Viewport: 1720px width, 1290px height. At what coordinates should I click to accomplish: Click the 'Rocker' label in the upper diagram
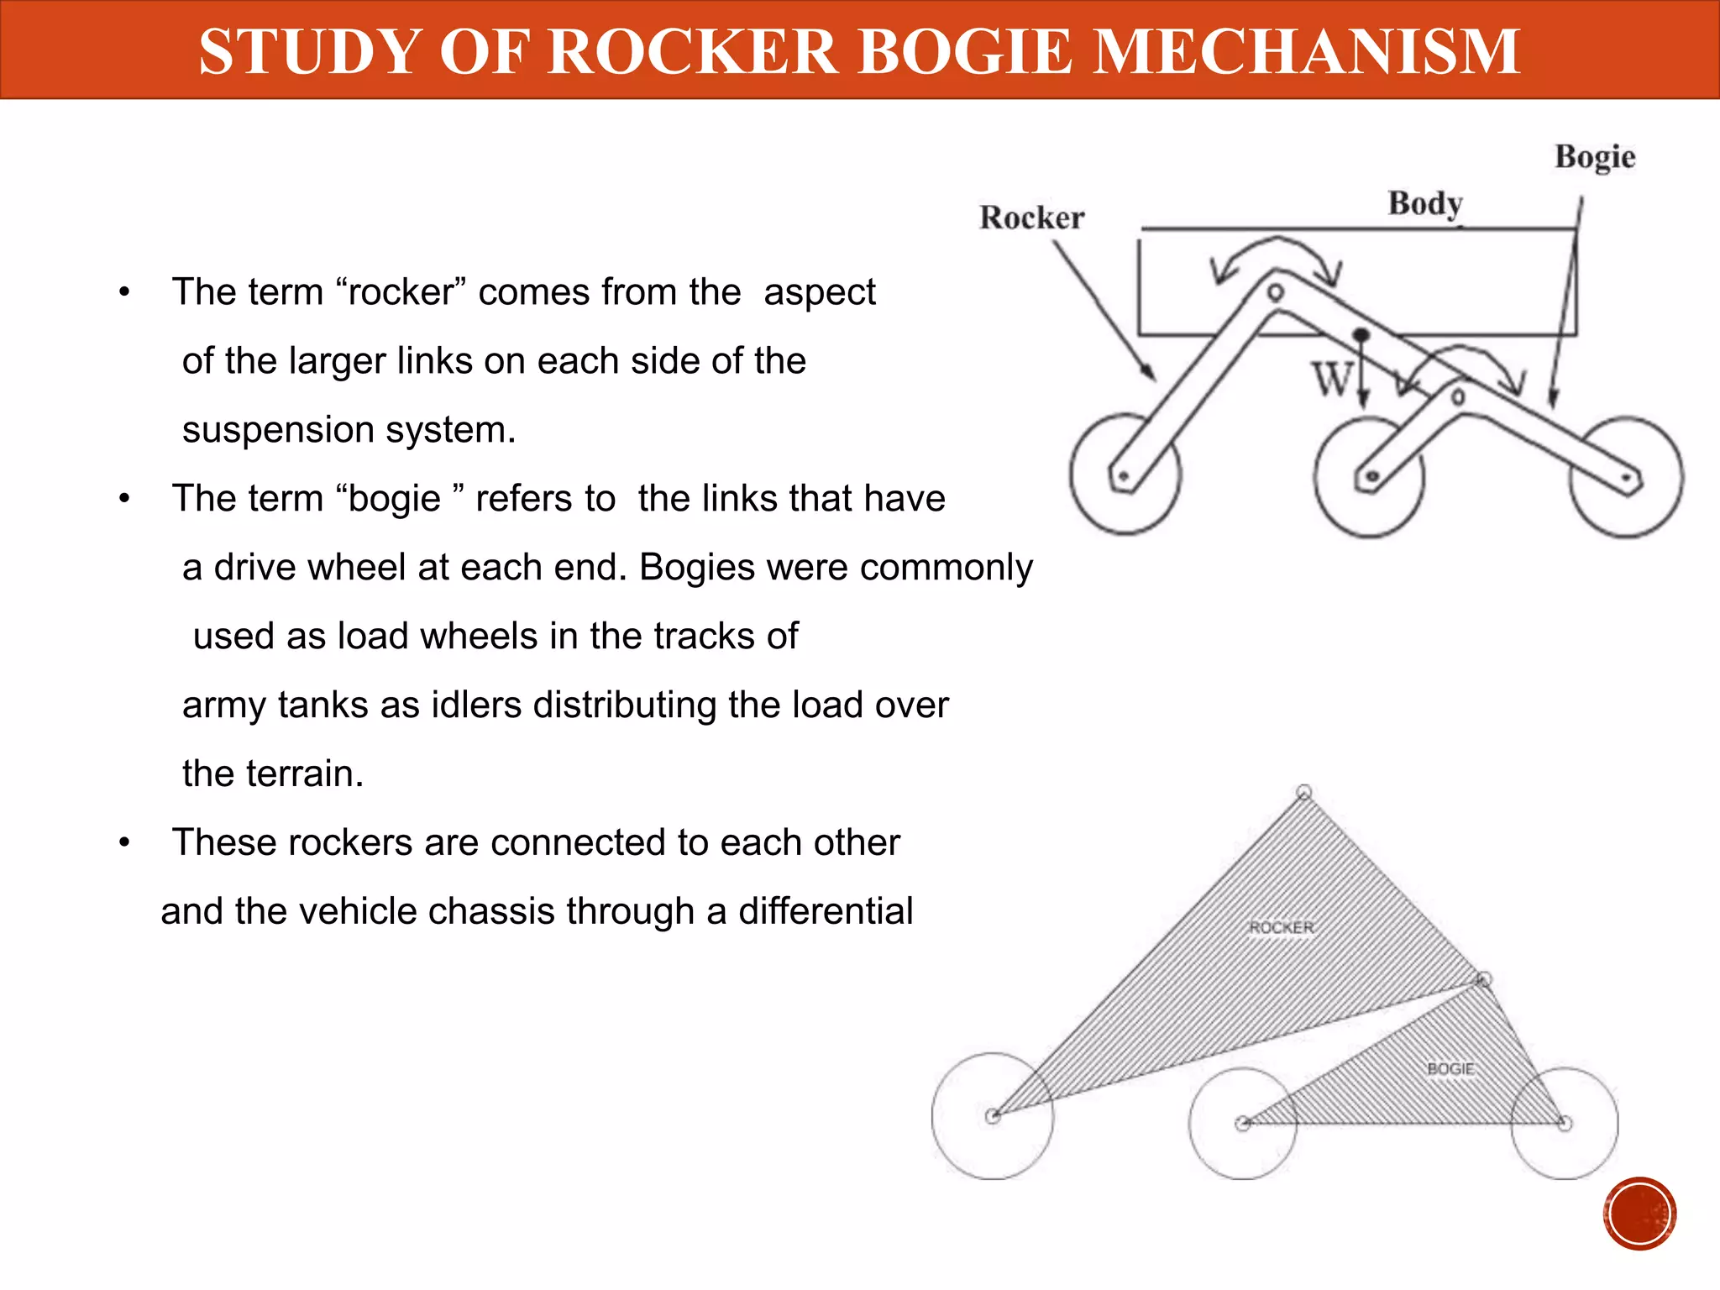tap(1031, 218)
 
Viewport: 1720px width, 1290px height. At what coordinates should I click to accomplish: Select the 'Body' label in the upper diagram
tap(1424, 203)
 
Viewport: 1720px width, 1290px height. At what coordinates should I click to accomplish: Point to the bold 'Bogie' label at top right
tap(1594, 157)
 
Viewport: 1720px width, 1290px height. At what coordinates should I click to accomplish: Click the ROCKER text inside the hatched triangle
tap(1282, 927)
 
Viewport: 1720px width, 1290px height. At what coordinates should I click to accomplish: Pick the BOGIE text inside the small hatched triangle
tap(1450, 1068)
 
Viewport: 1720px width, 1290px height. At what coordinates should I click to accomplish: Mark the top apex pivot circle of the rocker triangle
tap(1303, 792)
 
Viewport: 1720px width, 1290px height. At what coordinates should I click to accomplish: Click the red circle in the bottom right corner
tap(1639, 1214)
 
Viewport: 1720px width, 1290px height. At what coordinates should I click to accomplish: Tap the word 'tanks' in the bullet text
tap(322, 705)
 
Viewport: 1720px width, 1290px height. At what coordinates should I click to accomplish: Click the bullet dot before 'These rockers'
tap(124, 842)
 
